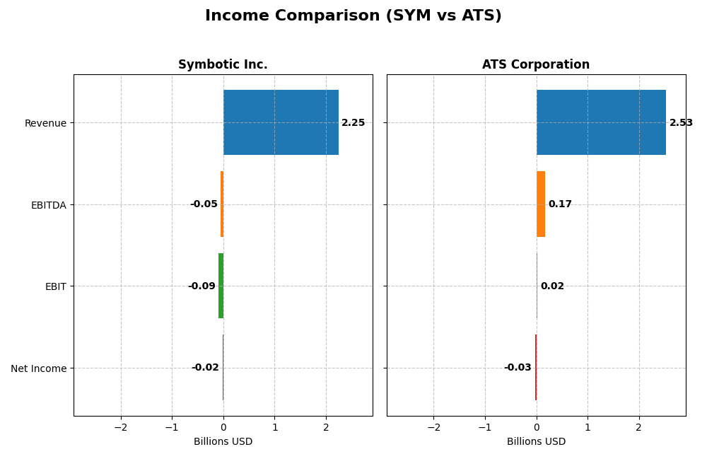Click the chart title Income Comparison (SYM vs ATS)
[x=353, y=16]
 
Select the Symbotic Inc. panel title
[x=223, y=65]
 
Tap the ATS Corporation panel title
[x=535, y=65]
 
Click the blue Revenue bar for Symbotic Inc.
[x=281, y=122]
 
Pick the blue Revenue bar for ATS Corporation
[x=601, y=122]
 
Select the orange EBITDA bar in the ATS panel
[x=541, y=204]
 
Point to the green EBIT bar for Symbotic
[x=221, y=286]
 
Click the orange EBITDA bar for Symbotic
[x=222, y=204]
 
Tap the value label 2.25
[x=353, y=123]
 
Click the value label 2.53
[x=681, y=123]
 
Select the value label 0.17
[x=560, y=204]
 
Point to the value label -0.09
[x=201, y=286]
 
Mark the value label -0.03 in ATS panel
[x=518, y=368]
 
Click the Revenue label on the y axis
[x=45, y=123]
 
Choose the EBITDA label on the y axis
[x=48, y=205]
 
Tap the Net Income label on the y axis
[x=38, y=368]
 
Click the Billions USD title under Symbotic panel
[x=223, y=442]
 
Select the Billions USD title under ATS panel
[x=536, y=442]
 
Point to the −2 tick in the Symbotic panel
[x=121, y=427]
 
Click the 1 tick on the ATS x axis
[x=588, y=427]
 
